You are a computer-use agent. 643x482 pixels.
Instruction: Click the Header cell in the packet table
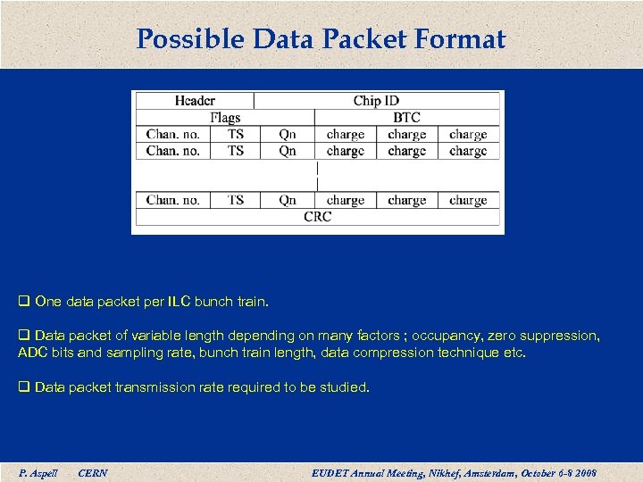click(x=194, y=101)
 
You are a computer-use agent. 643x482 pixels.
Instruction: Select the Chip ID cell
click(x=376, y=101)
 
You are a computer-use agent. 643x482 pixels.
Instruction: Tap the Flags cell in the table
click(x=225, y=118)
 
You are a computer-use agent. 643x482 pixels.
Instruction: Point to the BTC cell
click(x=406, y=118)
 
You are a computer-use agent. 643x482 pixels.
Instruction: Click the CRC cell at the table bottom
click(x=317, y=217)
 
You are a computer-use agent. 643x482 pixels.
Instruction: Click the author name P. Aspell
click(x=38, y=473)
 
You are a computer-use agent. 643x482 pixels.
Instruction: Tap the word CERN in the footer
click(x=93, y=473)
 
